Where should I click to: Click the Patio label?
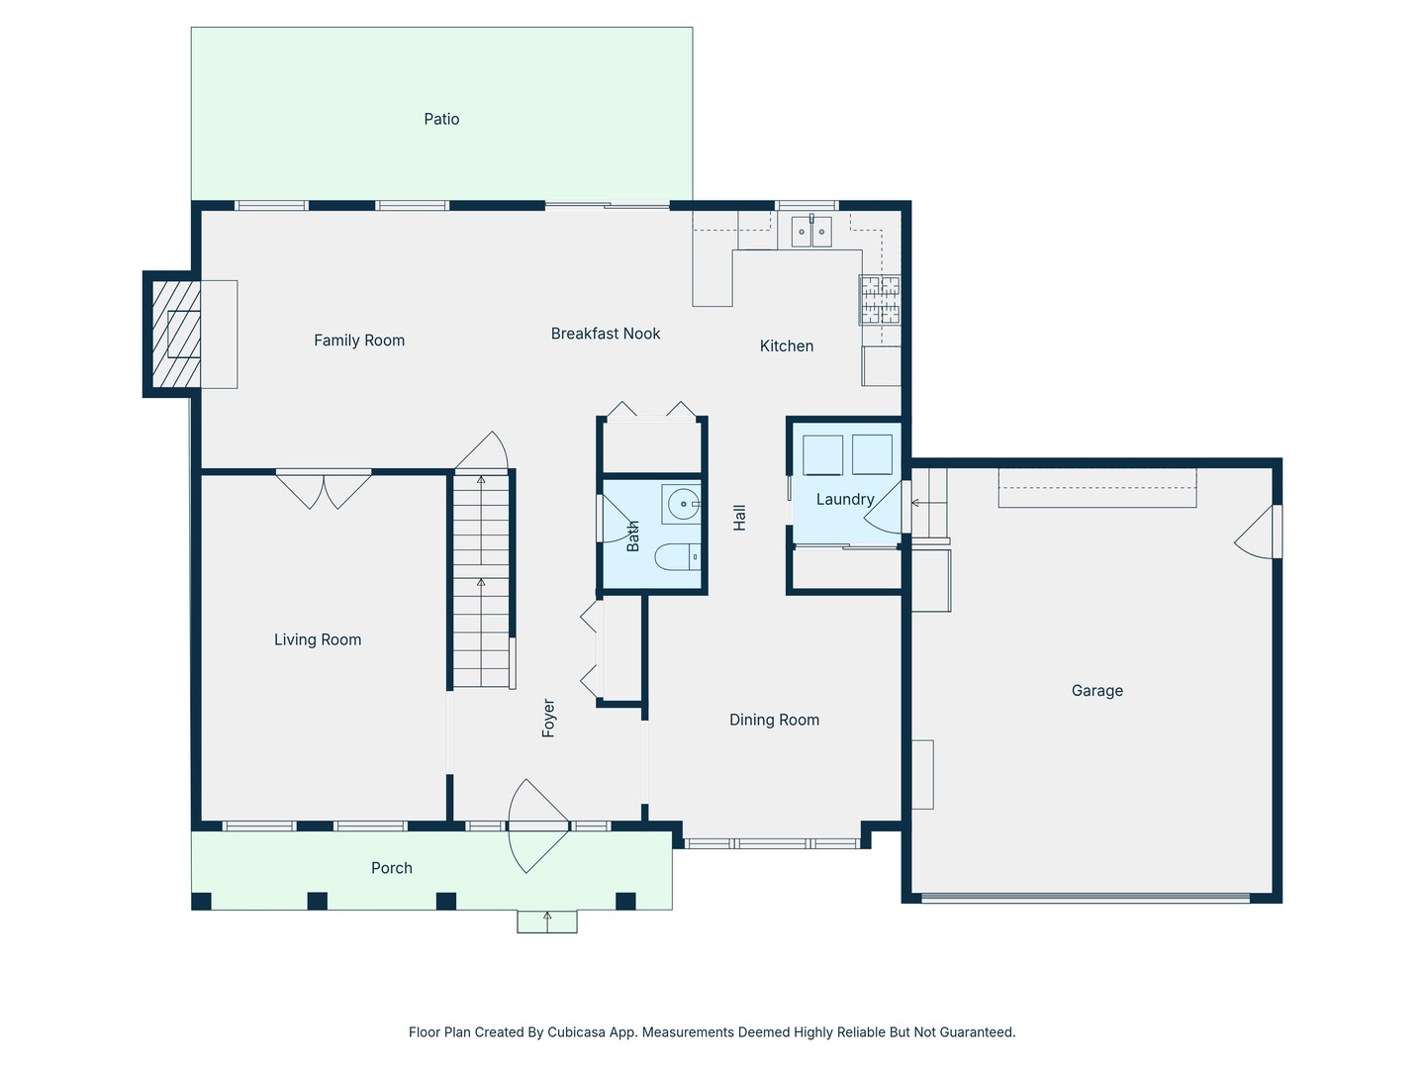[441, 119]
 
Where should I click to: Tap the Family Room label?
[359, 340]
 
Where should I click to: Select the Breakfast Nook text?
[606, 334]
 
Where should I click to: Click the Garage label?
[1096, 691]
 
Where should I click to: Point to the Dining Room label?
[774, 720]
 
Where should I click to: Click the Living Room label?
[318, 639]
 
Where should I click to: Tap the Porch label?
[392, 868]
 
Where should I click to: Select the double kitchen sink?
[810, 232]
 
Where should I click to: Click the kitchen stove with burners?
[880, 299]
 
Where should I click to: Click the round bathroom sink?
[682, 505]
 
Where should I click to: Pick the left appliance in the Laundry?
[822, 455]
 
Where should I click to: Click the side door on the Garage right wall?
[1259, 533]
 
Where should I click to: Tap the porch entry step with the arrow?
[547, 922]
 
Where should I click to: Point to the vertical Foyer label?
[548, 718]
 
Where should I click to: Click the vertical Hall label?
[739, 518]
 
